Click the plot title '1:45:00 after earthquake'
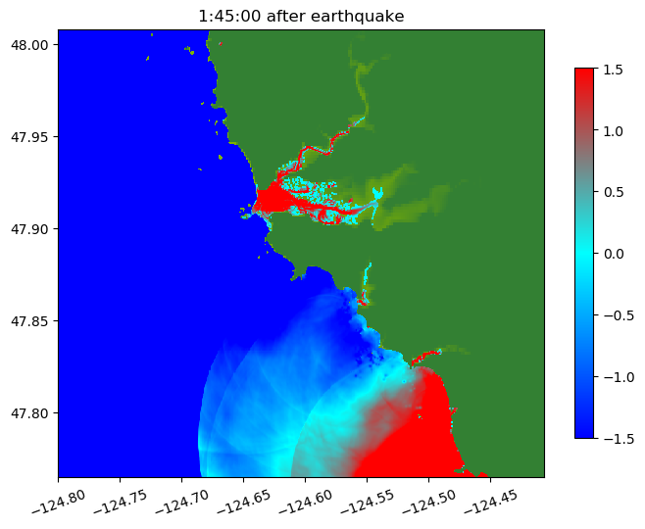(301, 16)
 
